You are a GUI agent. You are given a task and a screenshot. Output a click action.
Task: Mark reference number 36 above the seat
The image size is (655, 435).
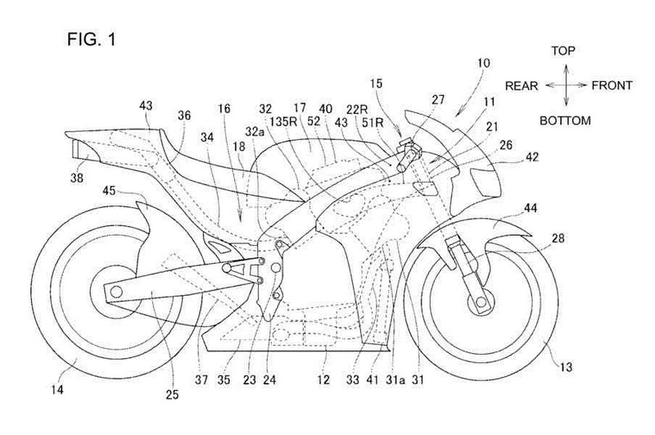(183, 117)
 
